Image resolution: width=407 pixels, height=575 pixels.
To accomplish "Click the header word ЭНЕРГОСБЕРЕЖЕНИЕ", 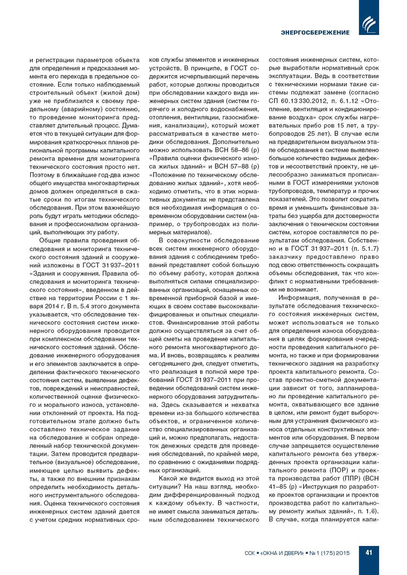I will pyautogui.click(x=315, y=32).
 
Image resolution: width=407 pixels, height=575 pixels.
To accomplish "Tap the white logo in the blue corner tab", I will pyautogui.click(x=369, y=24).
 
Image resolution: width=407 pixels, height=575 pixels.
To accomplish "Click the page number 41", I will pyautogui.click(x=369, y=553).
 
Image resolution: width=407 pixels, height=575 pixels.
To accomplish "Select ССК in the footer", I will pyautogui.click(x=250, y=553).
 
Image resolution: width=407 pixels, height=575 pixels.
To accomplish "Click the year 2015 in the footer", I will pyautogui.click(x=343, y=553).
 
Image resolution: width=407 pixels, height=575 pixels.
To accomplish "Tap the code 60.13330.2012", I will pyautogui.click(x=299, y=101).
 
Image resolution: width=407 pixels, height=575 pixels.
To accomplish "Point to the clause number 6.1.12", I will pyautogui.click(x=350, y=101).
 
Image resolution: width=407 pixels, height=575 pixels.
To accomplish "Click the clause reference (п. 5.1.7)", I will pyautogui.click(x=365, y=248).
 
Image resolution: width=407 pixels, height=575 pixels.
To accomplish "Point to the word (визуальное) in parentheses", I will pyautogui.click(x=65, y=462).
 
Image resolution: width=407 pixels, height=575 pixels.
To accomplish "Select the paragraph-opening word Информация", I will pyautogui.click(x=298, y=298).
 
